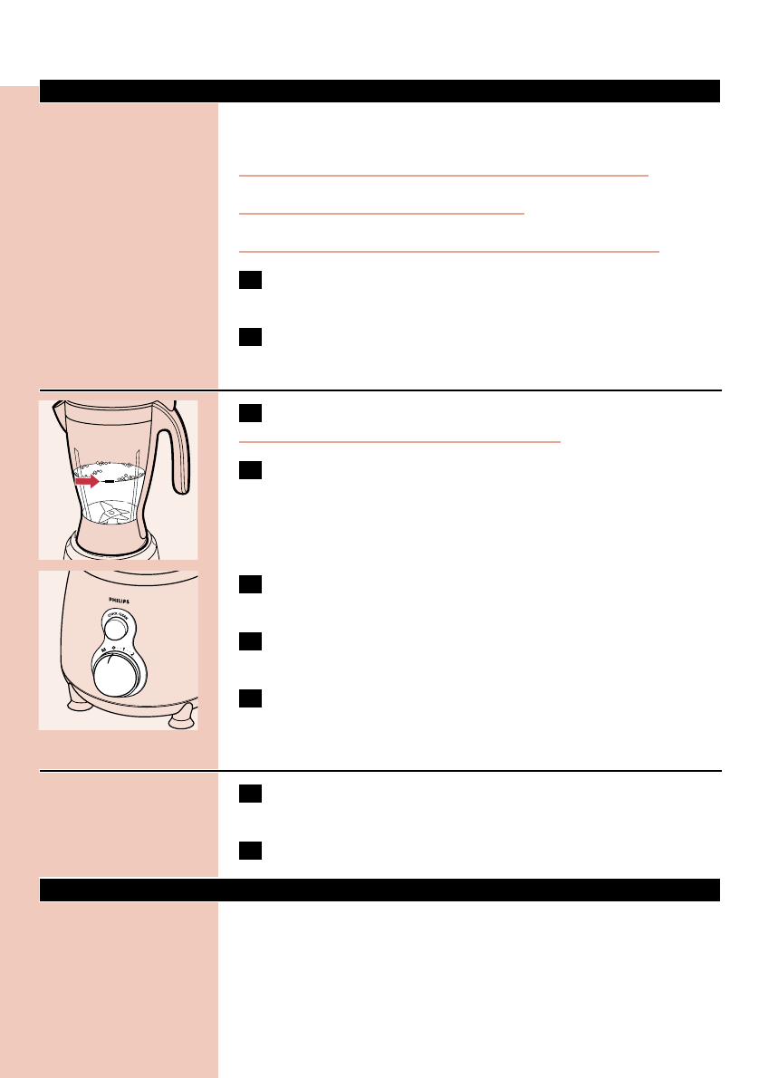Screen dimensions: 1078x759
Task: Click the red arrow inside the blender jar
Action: [87, 483]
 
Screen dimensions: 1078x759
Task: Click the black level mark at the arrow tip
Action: [110, 483]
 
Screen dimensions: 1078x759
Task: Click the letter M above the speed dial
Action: [102, 649]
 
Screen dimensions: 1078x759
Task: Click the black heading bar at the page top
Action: [379, 91]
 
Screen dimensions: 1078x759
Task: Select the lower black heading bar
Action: [379, 890]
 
